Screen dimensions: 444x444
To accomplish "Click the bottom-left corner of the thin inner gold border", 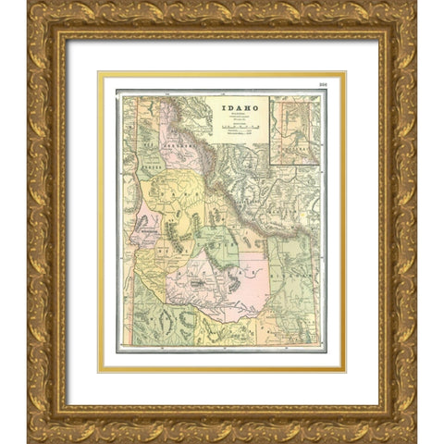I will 100,370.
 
